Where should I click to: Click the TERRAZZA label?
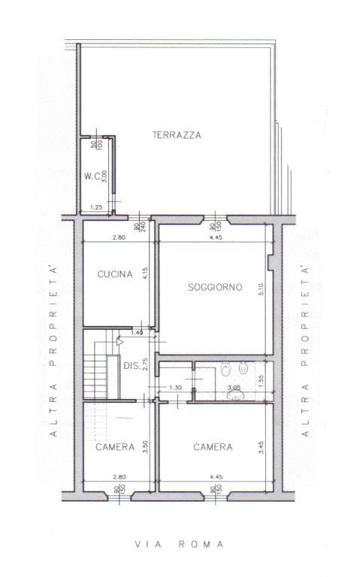pyautogui.click(x=177, y=135)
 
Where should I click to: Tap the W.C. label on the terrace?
pyautogui.click(x=92, y=177)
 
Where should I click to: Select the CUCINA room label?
pyautogui.click(x=115, y=275)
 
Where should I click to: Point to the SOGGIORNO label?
pyautogui.click(x=204, y=286)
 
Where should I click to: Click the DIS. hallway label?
pyautogui.click(x=132, y=366)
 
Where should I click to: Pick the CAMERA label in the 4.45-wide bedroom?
pyautogui.click(x=213, y=447)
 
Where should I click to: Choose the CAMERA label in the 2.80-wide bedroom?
pyautogui.click(x=115, y=447)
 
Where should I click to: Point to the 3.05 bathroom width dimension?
pyautogui.click(x=234, y=388)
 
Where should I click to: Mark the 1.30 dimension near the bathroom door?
pyautogui.click(x=175, y=388)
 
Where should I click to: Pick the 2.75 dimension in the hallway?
pyautogui.click(x=145, y=366)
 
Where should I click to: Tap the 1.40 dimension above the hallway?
pyautogui.click(x=137, y=332)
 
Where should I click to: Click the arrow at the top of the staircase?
pyautogui.click(x=119, y=340)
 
